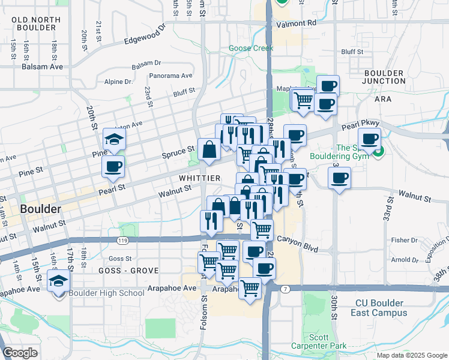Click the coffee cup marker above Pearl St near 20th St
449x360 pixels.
[x=113, y=167]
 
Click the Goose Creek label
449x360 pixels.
[x=251, y=48]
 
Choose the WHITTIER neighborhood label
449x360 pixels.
[x=200, y=179]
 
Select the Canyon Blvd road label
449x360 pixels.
[x=297, y=238]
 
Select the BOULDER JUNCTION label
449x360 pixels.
[x=384, y=77]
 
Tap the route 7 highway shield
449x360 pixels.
[x=285, y=289]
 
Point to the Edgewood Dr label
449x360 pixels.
[x=144, y=35]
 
